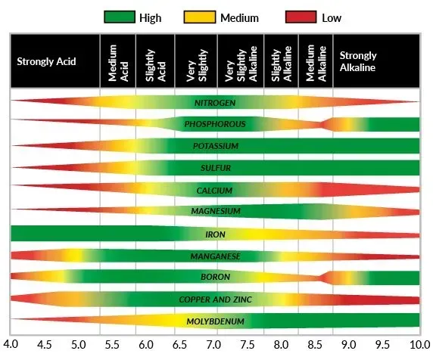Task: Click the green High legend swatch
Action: click(122, 16)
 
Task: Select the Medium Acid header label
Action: click(117, 61)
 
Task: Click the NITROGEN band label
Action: click(215, 101)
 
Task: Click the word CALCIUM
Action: click(215, 190)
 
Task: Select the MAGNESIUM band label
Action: click(215, 212)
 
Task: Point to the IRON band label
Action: click(215, 234)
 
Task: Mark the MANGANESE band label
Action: click(215, 256)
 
